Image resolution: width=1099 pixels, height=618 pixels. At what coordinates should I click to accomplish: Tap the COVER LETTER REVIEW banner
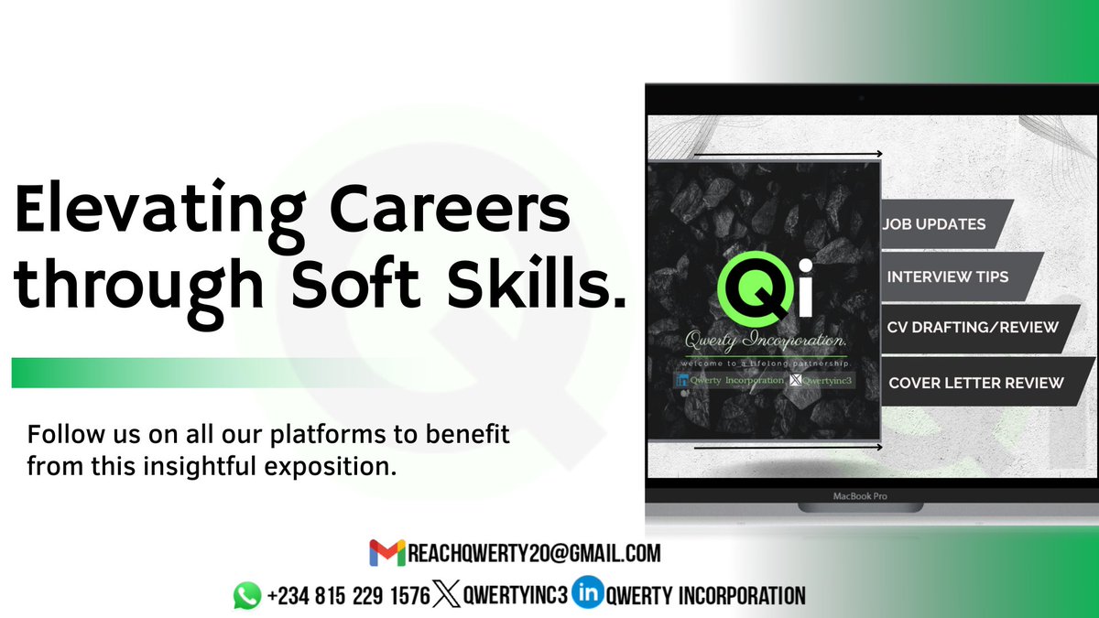976,383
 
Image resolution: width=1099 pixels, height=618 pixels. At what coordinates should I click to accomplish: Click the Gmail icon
386,553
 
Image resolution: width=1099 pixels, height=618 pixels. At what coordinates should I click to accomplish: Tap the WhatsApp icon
246,596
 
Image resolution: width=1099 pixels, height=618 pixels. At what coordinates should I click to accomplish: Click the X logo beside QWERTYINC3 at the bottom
445,595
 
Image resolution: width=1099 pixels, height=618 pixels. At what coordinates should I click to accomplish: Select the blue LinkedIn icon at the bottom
586,595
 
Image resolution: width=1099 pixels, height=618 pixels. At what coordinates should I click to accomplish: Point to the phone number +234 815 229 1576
348,596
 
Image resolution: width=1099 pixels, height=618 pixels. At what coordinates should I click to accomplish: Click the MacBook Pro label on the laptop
859,496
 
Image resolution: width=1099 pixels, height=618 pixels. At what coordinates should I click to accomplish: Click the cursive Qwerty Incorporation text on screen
766,342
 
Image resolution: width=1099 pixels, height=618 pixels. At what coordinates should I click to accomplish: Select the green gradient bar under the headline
183,373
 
